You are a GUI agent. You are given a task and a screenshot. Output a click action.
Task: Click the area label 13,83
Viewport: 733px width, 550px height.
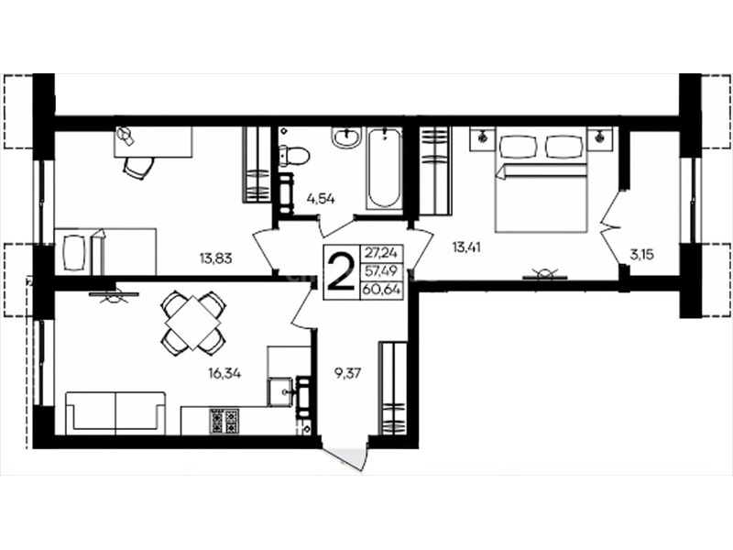[x=215, y=258]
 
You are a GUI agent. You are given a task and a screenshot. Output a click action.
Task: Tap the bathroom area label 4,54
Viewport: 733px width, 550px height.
[x=321, y=199]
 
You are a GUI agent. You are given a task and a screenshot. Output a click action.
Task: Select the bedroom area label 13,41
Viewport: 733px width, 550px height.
[x=465, y=247]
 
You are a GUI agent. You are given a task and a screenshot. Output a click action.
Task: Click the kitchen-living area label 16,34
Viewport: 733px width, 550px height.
[x=224, y=373]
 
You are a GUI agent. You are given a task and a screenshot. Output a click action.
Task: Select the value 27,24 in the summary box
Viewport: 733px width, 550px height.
[x=381, y=253]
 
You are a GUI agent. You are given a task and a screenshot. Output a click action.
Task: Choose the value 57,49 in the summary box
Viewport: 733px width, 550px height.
[x=381, y=271]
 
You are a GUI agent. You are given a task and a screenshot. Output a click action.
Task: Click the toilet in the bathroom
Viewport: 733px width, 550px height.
[x=293, y=155]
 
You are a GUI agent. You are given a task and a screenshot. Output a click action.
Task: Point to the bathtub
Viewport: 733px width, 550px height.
[x=384, y=168]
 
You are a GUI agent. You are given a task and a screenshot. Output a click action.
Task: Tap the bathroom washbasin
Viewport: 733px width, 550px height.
[x=346, y=137]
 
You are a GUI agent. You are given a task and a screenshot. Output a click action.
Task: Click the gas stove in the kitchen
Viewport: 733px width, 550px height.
[x=224, y=421]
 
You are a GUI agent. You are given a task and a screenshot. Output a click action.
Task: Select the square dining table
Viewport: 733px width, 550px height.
[x=193, y=322]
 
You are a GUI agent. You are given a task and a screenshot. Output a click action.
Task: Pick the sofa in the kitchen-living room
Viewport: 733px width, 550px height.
[x=115, y=413]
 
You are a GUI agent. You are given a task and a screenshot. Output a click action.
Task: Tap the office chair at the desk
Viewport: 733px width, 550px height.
[x=138, y=167]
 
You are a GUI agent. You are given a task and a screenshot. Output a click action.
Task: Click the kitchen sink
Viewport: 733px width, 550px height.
[x=281, y=391]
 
